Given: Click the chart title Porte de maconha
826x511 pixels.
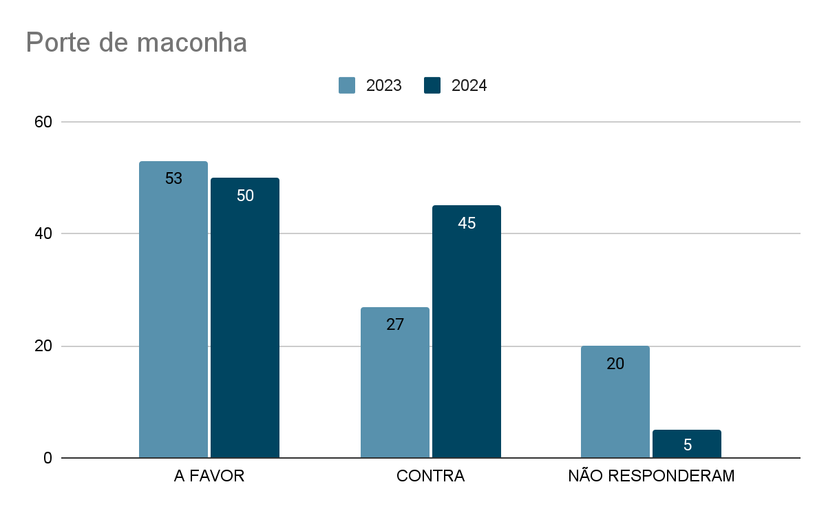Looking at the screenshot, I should click(x=136, y=43).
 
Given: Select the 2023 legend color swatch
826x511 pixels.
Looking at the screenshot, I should click(x=347, y=85).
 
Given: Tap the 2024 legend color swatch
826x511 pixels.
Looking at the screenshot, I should click(x=432, y=85).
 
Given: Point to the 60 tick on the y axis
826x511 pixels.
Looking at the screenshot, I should click(x=43, y=122).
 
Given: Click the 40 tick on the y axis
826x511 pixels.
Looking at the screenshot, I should click(x=43, y=234).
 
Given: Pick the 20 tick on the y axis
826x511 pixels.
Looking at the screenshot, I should click(x=43, y=346).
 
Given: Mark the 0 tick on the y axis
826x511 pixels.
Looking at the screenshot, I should click(x=47, y=458).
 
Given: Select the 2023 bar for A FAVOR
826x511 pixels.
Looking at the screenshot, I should click(x=173, y=310).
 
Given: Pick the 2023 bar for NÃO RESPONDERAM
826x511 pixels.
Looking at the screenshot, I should click(x=615, y=402).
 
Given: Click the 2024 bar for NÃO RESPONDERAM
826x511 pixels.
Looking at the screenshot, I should click(x=687, y=444).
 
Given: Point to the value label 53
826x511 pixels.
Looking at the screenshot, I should click(x=173, y=178).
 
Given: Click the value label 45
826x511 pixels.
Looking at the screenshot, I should click(x=467, y=223).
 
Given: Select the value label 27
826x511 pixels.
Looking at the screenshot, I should click(x=395, y=324).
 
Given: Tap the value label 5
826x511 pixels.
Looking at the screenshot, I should click(x=687, y=445).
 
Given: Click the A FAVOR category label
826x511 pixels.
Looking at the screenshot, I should click(x=209, y=476).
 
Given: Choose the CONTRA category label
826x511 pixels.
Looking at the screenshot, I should click(x=431, y=476).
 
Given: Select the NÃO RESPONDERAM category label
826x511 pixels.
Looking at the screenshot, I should click(x=651, y=476).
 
